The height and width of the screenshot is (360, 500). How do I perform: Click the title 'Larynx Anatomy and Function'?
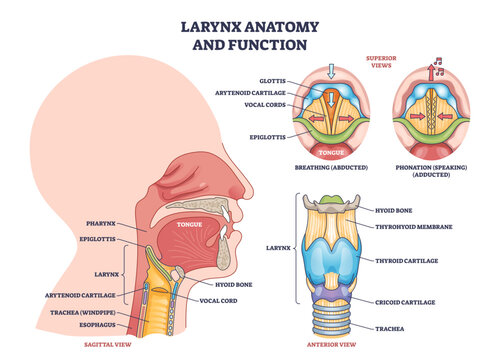249,29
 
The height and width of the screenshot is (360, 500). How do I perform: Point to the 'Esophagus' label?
104,324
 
